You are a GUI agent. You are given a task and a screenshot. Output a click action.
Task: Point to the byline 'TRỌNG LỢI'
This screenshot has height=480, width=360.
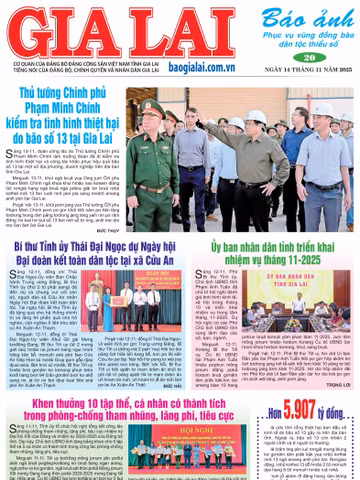335,355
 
